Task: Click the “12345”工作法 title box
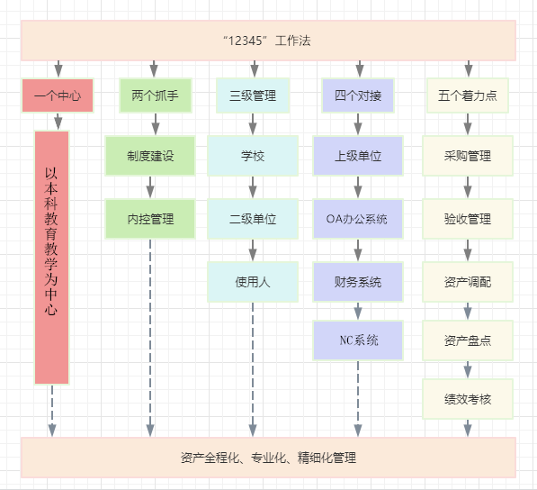pyautogui.click(x=268, y=41)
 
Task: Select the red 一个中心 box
pyautogui.click(x=58, y=95)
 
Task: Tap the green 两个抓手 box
pyautogui.click(x=155, y=95)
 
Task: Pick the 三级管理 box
pyautogui.click(x=253, y=95)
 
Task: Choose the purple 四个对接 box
pyautogui.click(x=358, y=95)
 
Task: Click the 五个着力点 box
pyautogui.click(x=468, y=95)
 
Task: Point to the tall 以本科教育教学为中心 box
pyautogui.click(x=51, y=258)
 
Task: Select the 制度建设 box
pyautogui.click(x=150, y=156)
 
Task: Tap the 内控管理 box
pyautogui.click(x=150, y=219)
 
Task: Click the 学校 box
pyautogui.click(x=253, y=156)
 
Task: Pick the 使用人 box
pyautogui.click(x=253, y=282)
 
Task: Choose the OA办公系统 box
pyautogui.click(x=358, y=219)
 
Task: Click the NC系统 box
pyautogui.click(x=358, y=340)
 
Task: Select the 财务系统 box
pyautogui.click(x=358, y=282)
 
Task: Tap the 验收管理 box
pyautogui.click(x=468, y=219)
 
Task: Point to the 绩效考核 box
pyautogui.click(x=468, y=399)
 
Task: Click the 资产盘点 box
pyautogui.click(x=468, y=340)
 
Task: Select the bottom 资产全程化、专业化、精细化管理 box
pyautogui.click(x=268, y=458)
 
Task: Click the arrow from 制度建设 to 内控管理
pyautogui.click(x=150, y=187)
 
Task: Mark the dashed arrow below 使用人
pyautogui.click(x=253, y=369)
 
